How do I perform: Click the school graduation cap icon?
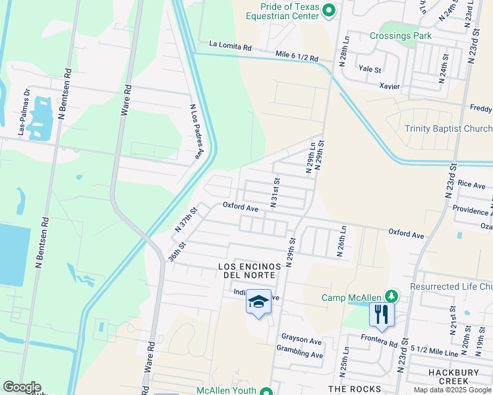coord(259,302)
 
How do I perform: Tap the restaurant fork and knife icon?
coord(382,313)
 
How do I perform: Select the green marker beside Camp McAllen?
coord(392,297)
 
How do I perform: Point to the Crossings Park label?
coord(400,36)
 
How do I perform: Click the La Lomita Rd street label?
coord(231,47)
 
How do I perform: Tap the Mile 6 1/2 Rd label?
coord(297,57)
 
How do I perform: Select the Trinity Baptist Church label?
coord(448,129)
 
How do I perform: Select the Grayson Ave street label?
coord(301,340)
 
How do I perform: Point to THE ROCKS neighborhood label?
coord(355,389)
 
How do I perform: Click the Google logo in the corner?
coord(22,387)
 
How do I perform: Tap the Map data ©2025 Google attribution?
coord(452,390)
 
